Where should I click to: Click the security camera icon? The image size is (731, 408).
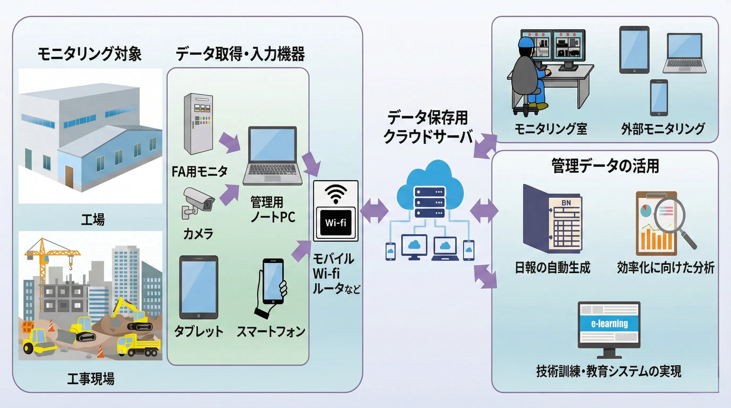(198, 202)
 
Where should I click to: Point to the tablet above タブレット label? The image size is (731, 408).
(199, 287)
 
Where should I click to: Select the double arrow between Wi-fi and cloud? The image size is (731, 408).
(374, 211)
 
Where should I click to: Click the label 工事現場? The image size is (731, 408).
(91, 379)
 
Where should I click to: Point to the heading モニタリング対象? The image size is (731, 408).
(90, 54)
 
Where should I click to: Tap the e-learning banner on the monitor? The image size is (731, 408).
(609, 324)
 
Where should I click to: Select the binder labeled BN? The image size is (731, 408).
(552, 220)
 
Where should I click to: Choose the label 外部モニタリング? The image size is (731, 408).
(663, 129)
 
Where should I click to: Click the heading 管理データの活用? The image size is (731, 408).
(605, 166)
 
